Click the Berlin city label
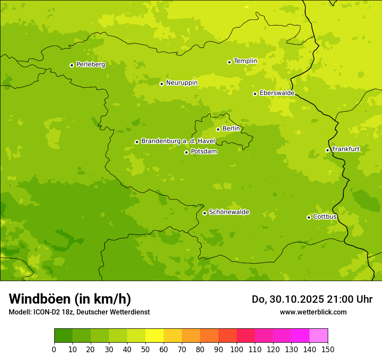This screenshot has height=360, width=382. tap(231, 129)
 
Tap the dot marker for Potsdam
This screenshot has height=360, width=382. tap(186, 152)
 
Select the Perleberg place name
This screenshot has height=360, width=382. tap(91, 65)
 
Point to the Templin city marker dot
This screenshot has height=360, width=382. tap(229, 62)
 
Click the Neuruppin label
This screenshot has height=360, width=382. tap(182, 83)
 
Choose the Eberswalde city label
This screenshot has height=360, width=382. tap(277, 93)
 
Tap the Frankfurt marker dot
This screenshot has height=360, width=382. tap(327, 151)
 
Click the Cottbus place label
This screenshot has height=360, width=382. tap(325, 217)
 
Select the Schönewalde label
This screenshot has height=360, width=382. tap(229, 212)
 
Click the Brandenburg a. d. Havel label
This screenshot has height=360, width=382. tap(178, 141)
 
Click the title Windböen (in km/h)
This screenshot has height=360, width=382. tap(70, 299)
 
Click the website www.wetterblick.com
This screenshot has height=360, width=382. tap(313, 312)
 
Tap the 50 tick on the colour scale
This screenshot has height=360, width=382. tap(145, 349)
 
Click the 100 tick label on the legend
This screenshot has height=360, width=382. tap(237, 349)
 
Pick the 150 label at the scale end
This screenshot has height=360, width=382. tap(328, 349)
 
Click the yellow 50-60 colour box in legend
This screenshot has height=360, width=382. tap(155, 335)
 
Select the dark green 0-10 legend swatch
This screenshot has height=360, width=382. tap(63, 335)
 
